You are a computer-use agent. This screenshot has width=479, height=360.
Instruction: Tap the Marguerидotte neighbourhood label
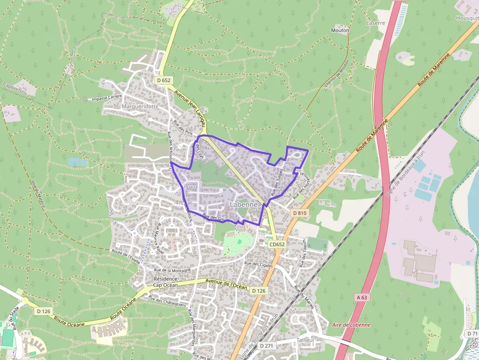coord(140,106)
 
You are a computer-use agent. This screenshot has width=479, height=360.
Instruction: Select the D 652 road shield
coord(164,80)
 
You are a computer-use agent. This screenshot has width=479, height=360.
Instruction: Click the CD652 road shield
coord(277,244)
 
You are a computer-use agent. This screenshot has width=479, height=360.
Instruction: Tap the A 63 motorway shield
coord(362,297)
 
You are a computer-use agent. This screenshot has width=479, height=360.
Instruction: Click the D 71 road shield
coord(472,333)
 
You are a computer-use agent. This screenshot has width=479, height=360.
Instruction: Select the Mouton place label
coord(340,30)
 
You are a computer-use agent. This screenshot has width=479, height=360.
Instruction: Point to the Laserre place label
coord(376,23)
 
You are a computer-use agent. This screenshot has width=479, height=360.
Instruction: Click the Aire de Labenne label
coord(351,325)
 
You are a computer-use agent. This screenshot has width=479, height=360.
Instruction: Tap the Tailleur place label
coord(305,339)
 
